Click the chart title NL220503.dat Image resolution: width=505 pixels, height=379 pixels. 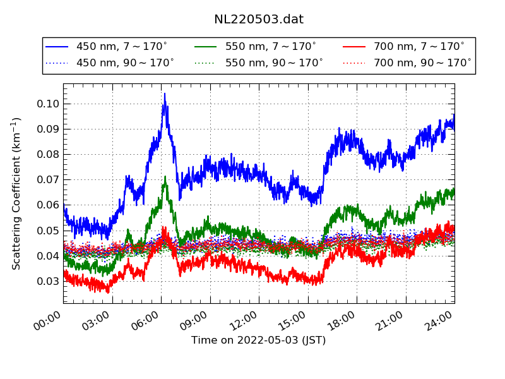point(259,19)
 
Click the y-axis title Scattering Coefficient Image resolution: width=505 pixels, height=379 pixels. point(17,193)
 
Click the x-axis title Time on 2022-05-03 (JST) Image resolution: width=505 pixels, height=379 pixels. point(259,340)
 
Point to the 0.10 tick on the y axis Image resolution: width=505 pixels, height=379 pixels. point(48,104)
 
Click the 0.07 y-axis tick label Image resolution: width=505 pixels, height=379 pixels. point(48,179)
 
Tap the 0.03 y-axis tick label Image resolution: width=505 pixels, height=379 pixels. point(48,281)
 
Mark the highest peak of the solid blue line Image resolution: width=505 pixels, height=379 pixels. point(165,94)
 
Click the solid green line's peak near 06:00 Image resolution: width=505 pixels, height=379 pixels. point(165,177)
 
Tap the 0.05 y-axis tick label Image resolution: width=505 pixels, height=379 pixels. point(48,231)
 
